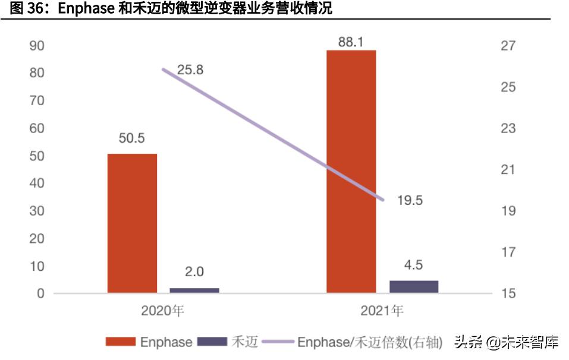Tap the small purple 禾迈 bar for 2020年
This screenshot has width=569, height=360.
tap(194, 290)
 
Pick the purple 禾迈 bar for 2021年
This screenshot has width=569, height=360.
tap(414, 286)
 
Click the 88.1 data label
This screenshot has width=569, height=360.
tap(351, 41)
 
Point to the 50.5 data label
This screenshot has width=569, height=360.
tap(132, 138)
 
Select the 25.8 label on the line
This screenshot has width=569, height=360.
tap(190, 70)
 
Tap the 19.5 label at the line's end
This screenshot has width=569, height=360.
tap(410, 201)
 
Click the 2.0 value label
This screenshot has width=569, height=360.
tap(194, 272)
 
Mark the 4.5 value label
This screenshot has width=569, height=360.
tap(414, 265)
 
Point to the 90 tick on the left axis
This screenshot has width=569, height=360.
tap(37, 46)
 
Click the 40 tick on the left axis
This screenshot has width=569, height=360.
tap(37, 184)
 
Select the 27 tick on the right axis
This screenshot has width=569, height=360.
tap(508, 46)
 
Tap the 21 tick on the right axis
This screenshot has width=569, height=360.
tap(508, 170)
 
